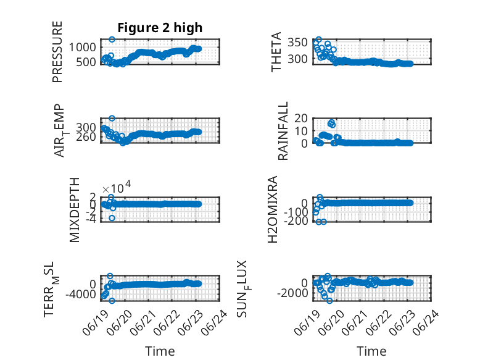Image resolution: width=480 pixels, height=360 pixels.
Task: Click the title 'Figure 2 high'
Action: pyautogui.click(x=160, y=28)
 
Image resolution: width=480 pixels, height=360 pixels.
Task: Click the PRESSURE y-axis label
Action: pyautogui.click(x=57, y=52)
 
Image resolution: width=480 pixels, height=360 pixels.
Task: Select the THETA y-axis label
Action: pyautogui.click(x=276, y=52)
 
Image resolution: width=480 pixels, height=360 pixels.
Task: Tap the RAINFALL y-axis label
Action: pyautogui.click(x=283, y=131)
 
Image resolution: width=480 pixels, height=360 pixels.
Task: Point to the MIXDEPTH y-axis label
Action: pyautogui.click(x=75, y=210)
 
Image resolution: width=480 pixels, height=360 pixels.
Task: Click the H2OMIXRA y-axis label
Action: pyautogui.click(x=273, y=209)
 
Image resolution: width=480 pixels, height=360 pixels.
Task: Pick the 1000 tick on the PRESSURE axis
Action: pyautogui.click(x=82, y=48)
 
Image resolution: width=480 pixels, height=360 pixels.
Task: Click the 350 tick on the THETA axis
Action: pyautogui.click(x=297, y=42)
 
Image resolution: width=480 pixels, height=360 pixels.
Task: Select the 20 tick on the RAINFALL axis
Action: pyautogui.click(x=301, y=118)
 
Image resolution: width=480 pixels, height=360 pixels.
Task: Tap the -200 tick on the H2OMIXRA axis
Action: pyautogui.click(x=296, y=220)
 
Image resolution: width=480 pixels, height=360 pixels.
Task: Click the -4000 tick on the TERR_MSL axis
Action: pyautogui.click(x=81, y=295)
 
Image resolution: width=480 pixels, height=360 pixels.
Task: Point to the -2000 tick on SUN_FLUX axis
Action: pyautogui.click(x=292, y=293)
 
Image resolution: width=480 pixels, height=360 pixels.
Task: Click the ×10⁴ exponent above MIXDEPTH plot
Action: pyautogui.click(x=117, y=186)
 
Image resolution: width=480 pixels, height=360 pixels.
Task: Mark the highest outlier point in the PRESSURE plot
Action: pyautogui.click(x=112, y=40)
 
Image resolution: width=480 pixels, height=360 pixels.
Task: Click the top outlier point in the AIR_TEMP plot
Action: pyautogui.click(x=112, y=118)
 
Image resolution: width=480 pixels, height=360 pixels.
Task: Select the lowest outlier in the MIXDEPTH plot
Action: pyautogui.click(x=112, y=218)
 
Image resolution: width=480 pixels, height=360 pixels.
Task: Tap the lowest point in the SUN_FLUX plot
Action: pyautogui.click(x=329, y=301)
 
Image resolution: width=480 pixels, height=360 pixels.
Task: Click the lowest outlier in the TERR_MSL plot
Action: pyautogui.click(x=112, y=301)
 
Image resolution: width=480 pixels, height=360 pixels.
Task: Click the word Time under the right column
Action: pyautogui.click(x=371, y=351)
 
